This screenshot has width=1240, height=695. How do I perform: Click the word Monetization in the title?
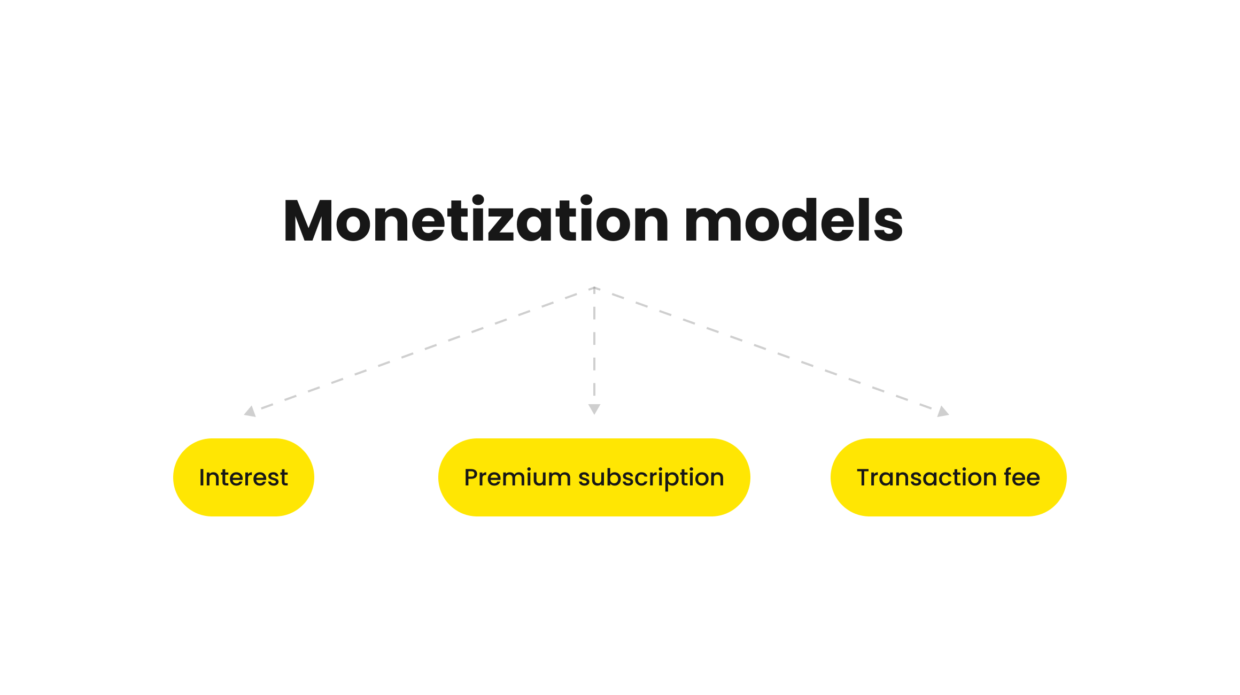pyautogui.click(x=476, y=220)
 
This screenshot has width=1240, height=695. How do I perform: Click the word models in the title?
pyautogui.click(x=794, y=220)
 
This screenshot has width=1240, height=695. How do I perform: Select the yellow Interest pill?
pyautogui.click(x=244, y=477)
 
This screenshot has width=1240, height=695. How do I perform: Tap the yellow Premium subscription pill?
pyautogui.click(x=594, y=477)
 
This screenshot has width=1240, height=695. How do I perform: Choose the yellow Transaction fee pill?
pyautogui.click(x=949, y=477)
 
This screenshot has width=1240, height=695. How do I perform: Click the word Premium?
pyautogui.click(x=517, y=477)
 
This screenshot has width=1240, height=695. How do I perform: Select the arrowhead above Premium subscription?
pyautogui.click(x=594, y=409)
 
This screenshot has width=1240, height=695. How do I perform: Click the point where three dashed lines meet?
pyautogui.click(x=594, y=288)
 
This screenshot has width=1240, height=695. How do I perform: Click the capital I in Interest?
pyautogui.click(x=202, y=477)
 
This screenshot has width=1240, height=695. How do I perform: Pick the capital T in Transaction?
pyautogui.click(x=864, y=477)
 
